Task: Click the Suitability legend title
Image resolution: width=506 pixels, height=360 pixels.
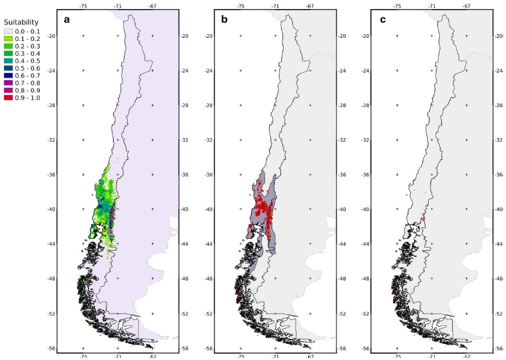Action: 21,22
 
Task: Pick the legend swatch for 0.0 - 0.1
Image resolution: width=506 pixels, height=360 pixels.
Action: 8,31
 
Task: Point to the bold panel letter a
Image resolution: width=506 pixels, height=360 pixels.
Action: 66,19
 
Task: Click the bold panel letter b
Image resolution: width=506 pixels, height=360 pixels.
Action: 224,19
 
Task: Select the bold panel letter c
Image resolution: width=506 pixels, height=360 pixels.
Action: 383,19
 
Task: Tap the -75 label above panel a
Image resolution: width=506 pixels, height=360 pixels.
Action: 83,5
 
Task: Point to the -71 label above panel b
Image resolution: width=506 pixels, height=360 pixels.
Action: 275,5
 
